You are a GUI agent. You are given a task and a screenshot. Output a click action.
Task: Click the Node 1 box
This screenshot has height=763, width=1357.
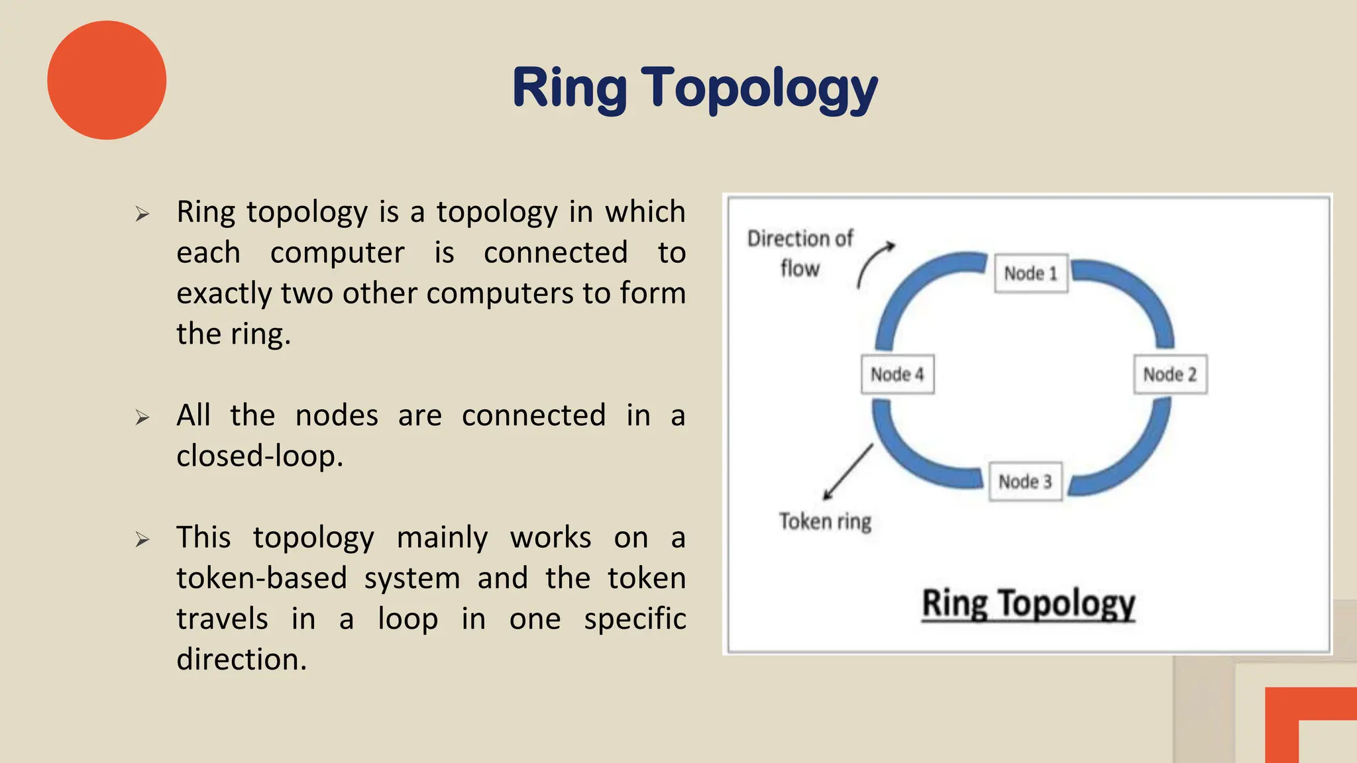[1030, 273]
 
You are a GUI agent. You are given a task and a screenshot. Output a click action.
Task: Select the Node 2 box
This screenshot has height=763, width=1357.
[1170, 374]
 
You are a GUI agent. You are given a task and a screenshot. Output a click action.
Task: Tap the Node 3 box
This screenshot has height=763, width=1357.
[1025, 482]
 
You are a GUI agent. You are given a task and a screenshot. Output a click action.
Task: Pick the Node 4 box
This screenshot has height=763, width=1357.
[897, 374]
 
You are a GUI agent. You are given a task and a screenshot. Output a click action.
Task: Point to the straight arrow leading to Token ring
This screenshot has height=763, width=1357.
[849, 471]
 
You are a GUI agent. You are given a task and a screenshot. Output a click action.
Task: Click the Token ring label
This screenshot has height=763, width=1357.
[825, 522]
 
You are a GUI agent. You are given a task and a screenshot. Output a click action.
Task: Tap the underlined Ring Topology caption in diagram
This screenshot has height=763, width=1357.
[1028, 603]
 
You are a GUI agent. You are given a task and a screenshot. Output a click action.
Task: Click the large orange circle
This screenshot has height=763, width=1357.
[107, 80]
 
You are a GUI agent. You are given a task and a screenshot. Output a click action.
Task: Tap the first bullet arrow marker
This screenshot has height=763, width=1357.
[142, 214]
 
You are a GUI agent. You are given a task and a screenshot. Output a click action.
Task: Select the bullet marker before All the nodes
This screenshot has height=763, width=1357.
[142, 417]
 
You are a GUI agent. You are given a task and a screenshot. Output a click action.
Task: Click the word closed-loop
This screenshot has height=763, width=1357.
[260, 456]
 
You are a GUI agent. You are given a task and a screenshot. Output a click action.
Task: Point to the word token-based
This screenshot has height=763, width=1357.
[262, 578]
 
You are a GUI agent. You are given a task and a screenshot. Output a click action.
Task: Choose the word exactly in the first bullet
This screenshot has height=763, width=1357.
[225, 293]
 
